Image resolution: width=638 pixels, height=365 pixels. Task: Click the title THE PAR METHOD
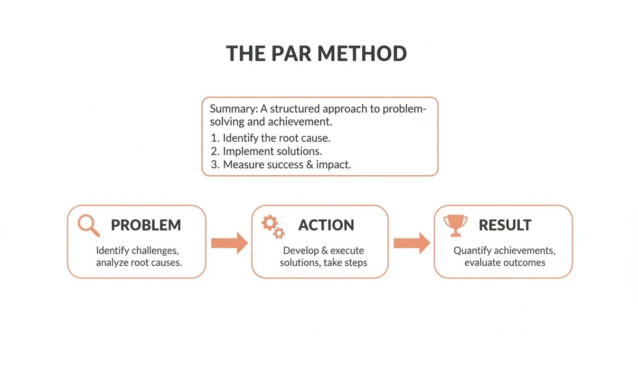[316, 54]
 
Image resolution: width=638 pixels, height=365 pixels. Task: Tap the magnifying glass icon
[89, 225]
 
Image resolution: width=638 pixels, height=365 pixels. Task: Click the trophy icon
[455, 225]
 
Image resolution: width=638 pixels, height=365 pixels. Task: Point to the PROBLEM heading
[146, 225]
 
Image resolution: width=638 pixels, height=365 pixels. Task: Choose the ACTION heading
[326, 225]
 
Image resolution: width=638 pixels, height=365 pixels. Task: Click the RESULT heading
[505, 225]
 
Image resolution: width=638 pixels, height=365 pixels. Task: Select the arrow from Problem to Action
[229, 243]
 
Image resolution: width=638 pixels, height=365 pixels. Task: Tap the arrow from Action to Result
[412, 243]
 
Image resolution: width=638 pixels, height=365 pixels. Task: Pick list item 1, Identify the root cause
[276, 138]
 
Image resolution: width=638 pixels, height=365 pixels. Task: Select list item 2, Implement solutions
[272, 152]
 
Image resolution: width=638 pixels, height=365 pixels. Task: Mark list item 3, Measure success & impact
[287, 165]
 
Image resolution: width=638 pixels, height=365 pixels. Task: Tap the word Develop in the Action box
[301, 250]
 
